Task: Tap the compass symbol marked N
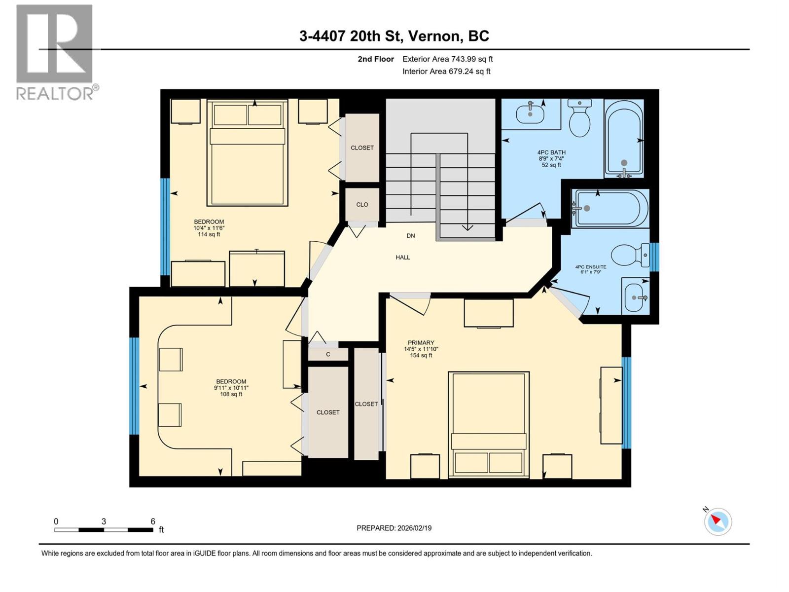(x=717, y=521)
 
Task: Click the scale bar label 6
(x=153, y=521)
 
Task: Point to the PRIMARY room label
(x=421, y=342)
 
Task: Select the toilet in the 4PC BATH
(x=579, y=118)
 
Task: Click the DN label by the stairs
(x=411, y=236)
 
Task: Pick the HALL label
(x=403, y=257)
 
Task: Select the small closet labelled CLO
(x=362, y=204)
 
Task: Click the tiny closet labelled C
(x=328, y=354)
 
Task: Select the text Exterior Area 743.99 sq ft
(x=447, y=59)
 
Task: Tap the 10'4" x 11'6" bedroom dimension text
(x=209, y=228)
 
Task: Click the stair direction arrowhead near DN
(x=467, y=227)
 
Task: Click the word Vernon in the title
(x=434, y=36)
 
